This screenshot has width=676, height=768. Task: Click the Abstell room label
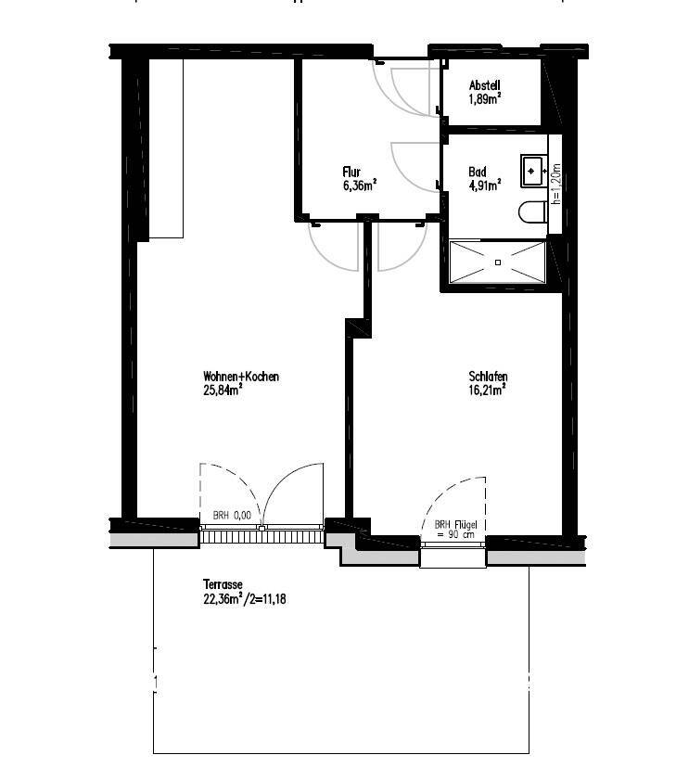click(485, 85)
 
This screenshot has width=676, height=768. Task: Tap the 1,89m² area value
click(485, 99)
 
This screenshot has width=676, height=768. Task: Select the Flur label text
click(351, 172)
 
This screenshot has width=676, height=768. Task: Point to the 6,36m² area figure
click(359, 186)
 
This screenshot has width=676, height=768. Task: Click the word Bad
click(478, 172)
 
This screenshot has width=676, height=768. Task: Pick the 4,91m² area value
click(485, 186)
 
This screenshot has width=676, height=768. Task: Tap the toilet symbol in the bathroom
click(532, 212)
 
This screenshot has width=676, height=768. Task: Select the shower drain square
click(498, 262)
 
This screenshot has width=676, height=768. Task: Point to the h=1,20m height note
click(555, 184)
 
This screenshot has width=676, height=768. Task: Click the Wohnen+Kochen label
click(241, 377)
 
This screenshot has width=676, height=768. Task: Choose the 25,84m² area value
click(223, 390)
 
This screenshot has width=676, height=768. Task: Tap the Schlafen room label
click(488, 377)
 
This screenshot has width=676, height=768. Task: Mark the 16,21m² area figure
click(487, 390)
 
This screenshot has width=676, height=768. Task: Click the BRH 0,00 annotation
click(232, 516)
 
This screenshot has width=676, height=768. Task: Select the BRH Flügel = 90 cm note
click(455, 530)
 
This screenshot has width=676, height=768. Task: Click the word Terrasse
click(223, 585)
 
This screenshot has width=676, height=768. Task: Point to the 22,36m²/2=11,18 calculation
click(244, 598)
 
